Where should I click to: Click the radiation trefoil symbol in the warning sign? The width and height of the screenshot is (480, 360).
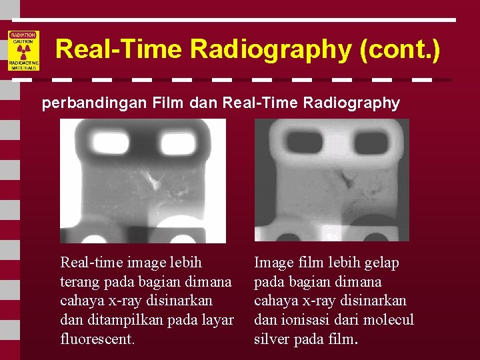click(23, 51)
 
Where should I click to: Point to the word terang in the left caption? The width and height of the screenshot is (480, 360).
click(79, 282)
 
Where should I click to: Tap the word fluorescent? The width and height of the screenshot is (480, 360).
click(97, 339)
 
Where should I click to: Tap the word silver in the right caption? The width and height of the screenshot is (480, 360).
click(273, 339)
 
